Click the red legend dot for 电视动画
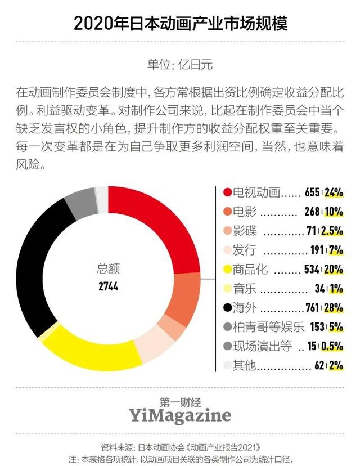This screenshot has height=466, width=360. click(227, 192)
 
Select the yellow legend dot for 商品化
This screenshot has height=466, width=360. click(227, 269)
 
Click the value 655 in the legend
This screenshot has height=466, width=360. click(312, 192)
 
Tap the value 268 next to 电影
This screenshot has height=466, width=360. click(312, 212)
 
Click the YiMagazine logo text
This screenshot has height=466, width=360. click(179, 415)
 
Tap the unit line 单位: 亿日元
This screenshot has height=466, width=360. click(180, 63)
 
